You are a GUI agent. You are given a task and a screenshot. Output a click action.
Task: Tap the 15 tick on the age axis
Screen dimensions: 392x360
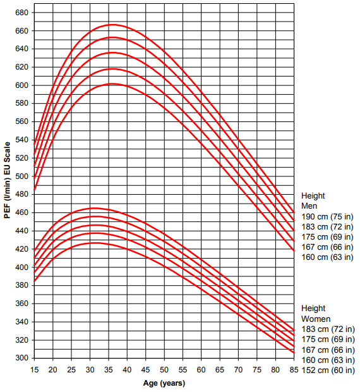coord(34,369)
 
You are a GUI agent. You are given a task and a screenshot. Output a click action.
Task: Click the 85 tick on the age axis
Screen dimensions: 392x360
coord(294,369)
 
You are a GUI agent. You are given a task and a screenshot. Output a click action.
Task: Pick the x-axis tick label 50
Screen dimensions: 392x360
coord(164,369)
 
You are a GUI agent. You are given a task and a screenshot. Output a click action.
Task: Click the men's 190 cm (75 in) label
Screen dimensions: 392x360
coord(327,216)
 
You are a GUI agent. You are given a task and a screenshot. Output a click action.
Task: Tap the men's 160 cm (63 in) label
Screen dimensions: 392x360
coord(327,257)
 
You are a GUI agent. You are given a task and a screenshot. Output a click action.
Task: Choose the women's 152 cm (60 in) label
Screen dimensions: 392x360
coord(327,370)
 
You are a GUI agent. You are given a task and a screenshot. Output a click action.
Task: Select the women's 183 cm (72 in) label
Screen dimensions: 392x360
coord(327,329)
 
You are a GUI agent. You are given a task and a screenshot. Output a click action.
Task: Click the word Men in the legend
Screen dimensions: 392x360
coord(309,206)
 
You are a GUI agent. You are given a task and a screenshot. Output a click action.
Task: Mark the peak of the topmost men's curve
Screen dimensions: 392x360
coord(112,25)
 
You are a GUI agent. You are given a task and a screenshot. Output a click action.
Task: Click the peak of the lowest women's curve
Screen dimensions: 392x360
coord(93,243)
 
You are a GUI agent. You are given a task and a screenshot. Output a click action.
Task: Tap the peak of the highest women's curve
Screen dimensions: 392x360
coord(93,208)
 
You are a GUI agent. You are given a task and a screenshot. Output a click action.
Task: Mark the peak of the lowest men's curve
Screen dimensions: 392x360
coord(112,83)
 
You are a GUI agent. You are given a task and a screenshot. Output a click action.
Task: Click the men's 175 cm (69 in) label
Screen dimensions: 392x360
coord(327,236)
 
